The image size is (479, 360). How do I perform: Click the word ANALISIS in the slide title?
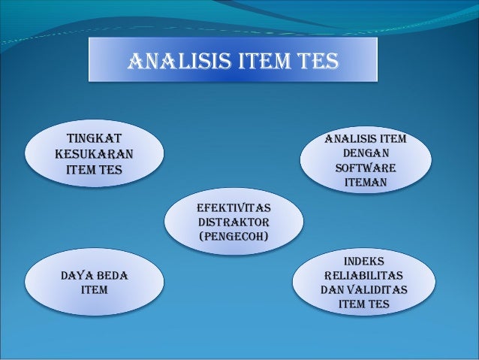169,60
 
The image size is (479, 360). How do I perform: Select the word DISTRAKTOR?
233,223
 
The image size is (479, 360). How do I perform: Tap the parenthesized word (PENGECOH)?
233,238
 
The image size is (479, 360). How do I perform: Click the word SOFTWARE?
366,168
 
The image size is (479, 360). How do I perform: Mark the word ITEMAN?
366,183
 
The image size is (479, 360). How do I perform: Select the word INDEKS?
364,261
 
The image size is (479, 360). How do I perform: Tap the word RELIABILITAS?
364,275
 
